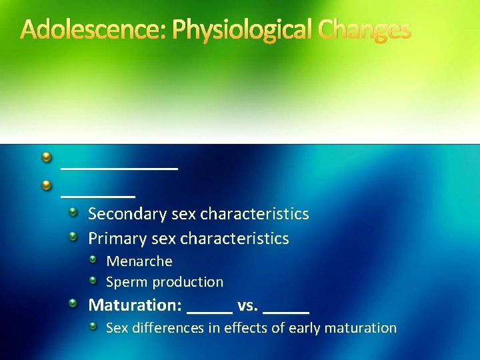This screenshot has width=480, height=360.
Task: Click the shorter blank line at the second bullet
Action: (98, 195)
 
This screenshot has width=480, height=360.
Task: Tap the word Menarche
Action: (139, 261)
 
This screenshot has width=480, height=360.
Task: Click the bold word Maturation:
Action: (135, 305)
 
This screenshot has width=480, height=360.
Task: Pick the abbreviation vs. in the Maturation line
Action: (247, 305)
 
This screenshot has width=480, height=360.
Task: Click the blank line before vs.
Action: (210, 311)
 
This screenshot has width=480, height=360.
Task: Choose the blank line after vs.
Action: (287, 311)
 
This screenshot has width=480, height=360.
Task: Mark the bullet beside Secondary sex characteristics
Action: (77, 212)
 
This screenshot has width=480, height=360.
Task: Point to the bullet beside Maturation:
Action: (77, 303)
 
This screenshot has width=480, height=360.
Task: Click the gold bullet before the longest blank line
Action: (46, 157)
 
